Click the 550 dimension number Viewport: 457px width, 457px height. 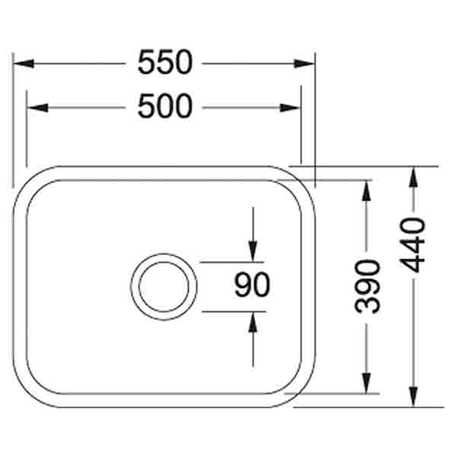coord(165,63)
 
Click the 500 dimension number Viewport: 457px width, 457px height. coord(165,107)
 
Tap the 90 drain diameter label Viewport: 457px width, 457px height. coord(252,286)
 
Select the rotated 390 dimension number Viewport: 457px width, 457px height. coord(368,286)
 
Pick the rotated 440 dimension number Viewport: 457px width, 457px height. coord(412,245)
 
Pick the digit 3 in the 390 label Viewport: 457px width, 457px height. coord(368,305)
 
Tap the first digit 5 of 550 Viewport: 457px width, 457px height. coord(147,63)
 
